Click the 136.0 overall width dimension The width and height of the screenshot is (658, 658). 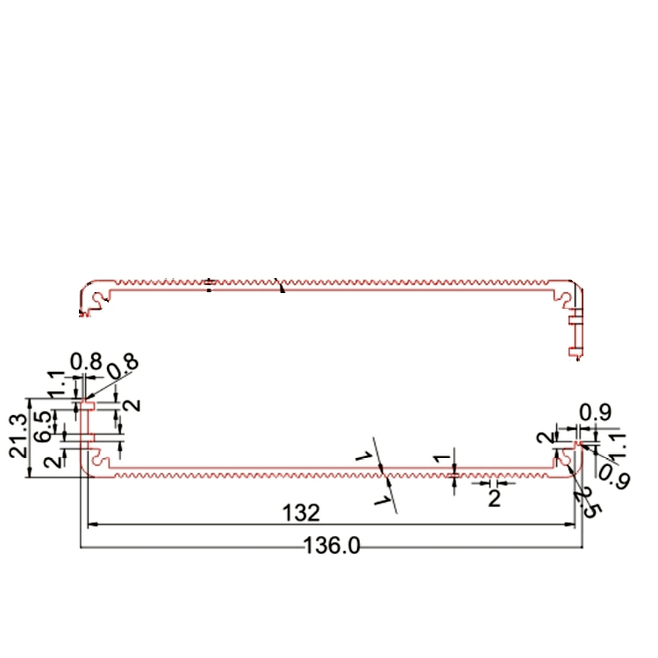[x=332, y=546]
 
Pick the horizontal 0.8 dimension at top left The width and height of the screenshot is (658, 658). [x=85, y=361]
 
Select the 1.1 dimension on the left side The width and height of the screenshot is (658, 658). [x=56, y=383]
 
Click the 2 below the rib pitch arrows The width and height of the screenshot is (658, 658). [x=493, y=499]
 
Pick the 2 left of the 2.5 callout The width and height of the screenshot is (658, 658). [x=544, y=438]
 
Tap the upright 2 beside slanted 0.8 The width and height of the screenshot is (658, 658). [x=132, y=404]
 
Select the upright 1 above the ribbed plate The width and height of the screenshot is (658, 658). [x=443, y=456]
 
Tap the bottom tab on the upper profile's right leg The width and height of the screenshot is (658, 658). [x=575, y=352]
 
